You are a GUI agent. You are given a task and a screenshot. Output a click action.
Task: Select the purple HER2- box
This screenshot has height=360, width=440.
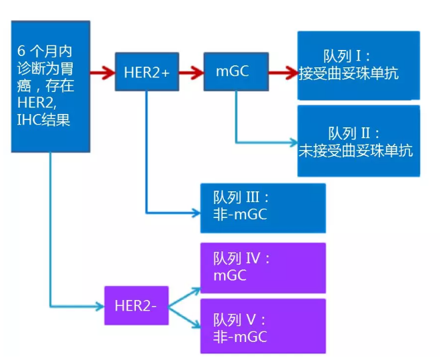coord(136,305)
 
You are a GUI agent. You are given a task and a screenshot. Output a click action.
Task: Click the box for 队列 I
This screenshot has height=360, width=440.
coord(359,65)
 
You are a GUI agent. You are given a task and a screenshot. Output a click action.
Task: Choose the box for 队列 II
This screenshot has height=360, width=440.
coord(359,141)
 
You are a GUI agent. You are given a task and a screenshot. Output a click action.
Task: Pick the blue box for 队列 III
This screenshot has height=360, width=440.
coord(263,207)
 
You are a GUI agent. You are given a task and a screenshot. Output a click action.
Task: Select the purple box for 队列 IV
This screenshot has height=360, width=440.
coord(263,267)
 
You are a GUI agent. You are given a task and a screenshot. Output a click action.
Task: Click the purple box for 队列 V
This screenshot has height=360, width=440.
coord(263,325)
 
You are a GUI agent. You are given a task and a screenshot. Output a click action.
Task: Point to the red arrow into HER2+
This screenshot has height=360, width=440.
coord(103,71)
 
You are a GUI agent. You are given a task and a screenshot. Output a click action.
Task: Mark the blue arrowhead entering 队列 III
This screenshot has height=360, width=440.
coord(196,213)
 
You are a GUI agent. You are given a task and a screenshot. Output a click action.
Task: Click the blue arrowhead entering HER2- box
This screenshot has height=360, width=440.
coord(100,306)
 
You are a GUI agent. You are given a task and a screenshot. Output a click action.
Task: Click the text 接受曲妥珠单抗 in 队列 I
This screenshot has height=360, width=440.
coord(349,73)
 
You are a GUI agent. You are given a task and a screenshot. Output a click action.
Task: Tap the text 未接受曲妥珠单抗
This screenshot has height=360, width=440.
coord(356,150)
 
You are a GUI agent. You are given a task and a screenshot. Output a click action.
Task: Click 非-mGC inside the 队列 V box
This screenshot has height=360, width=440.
coord(240,337)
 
